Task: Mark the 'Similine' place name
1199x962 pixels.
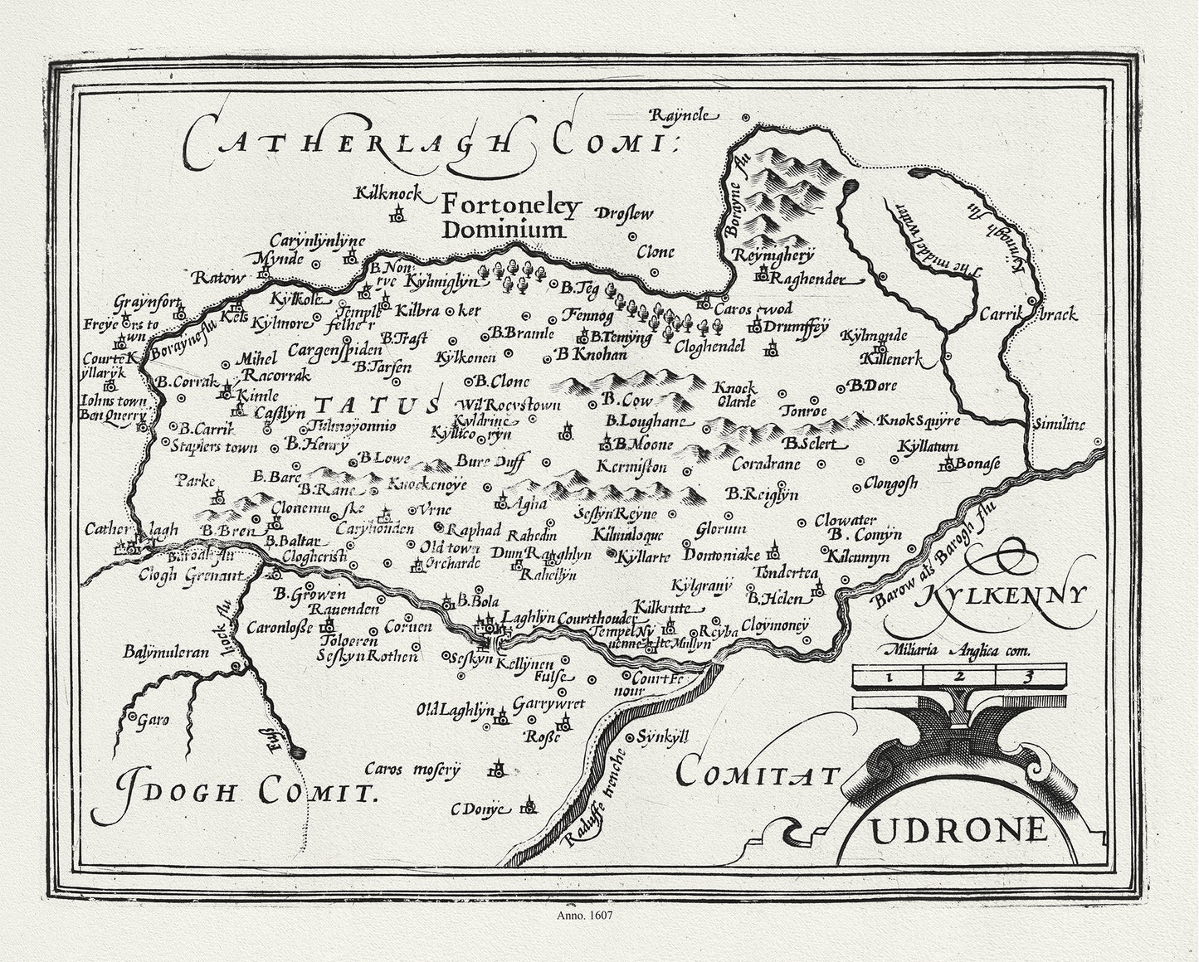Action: point(1059,424)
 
